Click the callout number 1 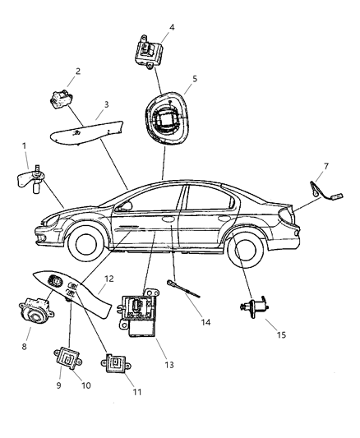[25, 146]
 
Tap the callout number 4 [171, 27]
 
